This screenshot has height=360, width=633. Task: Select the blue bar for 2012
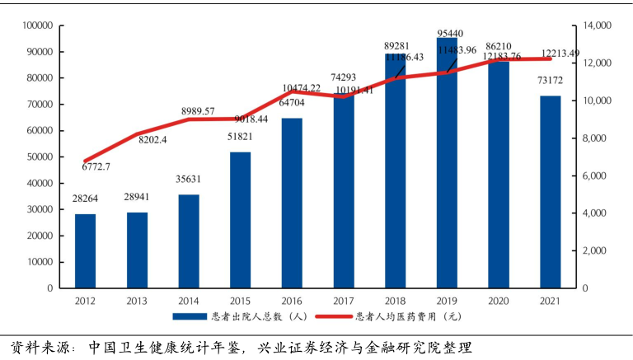[85, 250]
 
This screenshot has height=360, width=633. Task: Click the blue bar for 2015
[240, 220]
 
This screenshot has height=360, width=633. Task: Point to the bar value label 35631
[188, 179]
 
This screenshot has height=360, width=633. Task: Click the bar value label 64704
[291, 102]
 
